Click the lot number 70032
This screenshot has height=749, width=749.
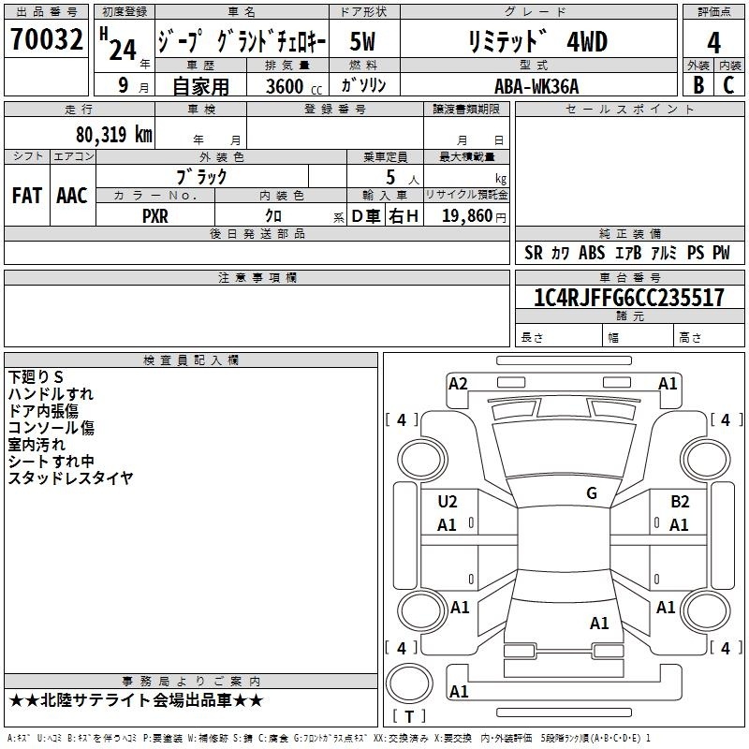click(46, 39)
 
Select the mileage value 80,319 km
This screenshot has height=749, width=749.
click(114, 135)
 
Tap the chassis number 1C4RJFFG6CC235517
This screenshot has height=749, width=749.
click(629, 298)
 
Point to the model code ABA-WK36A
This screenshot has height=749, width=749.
click(536, 86)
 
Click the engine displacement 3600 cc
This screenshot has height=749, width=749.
click(294, 86)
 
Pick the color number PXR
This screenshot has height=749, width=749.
click(155, 216)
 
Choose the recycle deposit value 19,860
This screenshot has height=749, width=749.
click(467, 216)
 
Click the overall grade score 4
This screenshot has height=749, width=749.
click(713, 42)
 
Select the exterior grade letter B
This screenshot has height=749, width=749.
click(698, 85)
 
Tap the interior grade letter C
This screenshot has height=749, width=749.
click(728, 85)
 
